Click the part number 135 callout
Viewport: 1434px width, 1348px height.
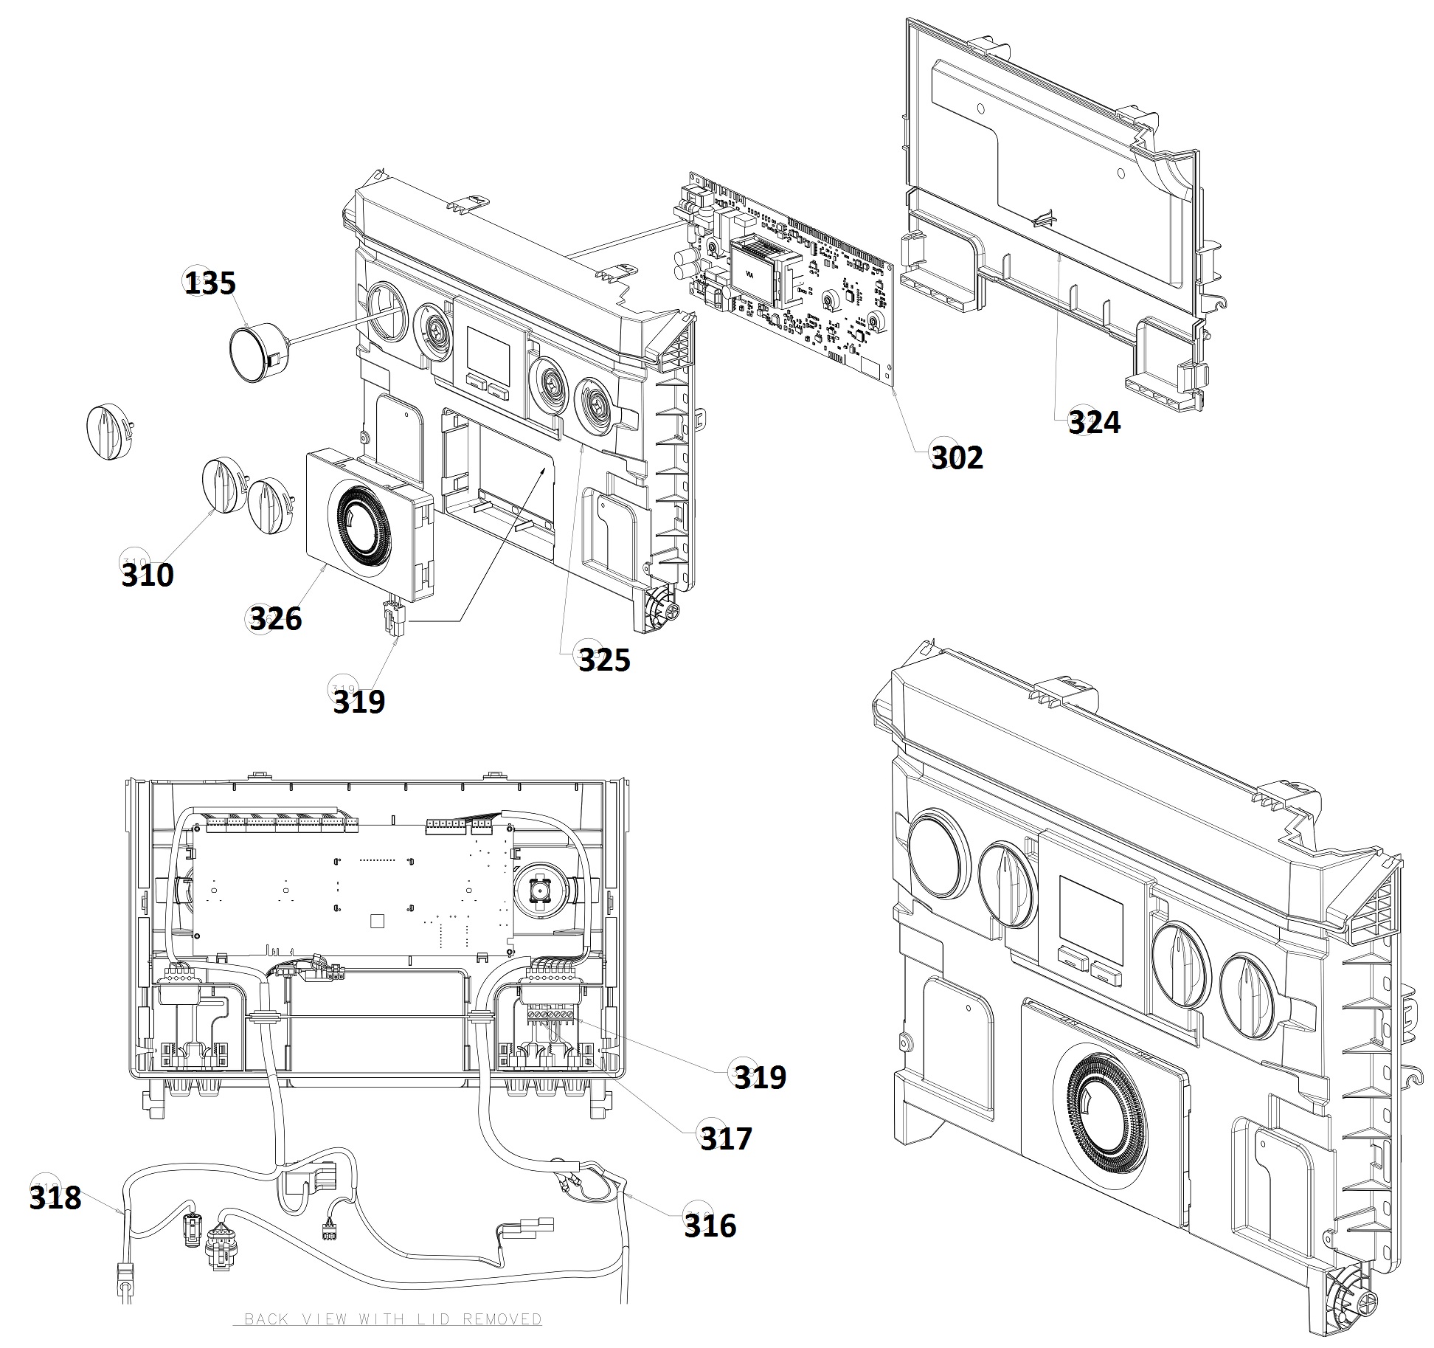coord(209,283)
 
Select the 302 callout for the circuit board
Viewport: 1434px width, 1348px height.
coord(957,457)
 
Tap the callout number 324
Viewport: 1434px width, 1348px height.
coord(1094,423)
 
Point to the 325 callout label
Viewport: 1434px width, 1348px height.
coord(603,660)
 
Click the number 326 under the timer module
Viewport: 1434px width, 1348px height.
coord(275,618)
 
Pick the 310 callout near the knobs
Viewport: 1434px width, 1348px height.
coord(148,574)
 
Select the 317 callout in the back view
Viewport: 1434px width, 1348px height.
coord(726,1138)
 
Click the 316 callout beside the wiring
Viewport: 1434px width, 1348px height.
coord(710,1226)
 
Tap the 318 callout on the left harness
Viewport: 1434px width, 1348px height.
coord(55,1197)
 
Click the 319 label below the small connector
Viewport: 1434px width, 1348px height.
coord(358,701)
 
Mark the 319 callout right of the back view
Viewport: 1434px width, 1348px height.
coord(760,1077)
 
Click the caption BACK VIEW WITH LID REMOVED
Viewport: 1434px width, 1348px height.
coord(392,1318)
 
